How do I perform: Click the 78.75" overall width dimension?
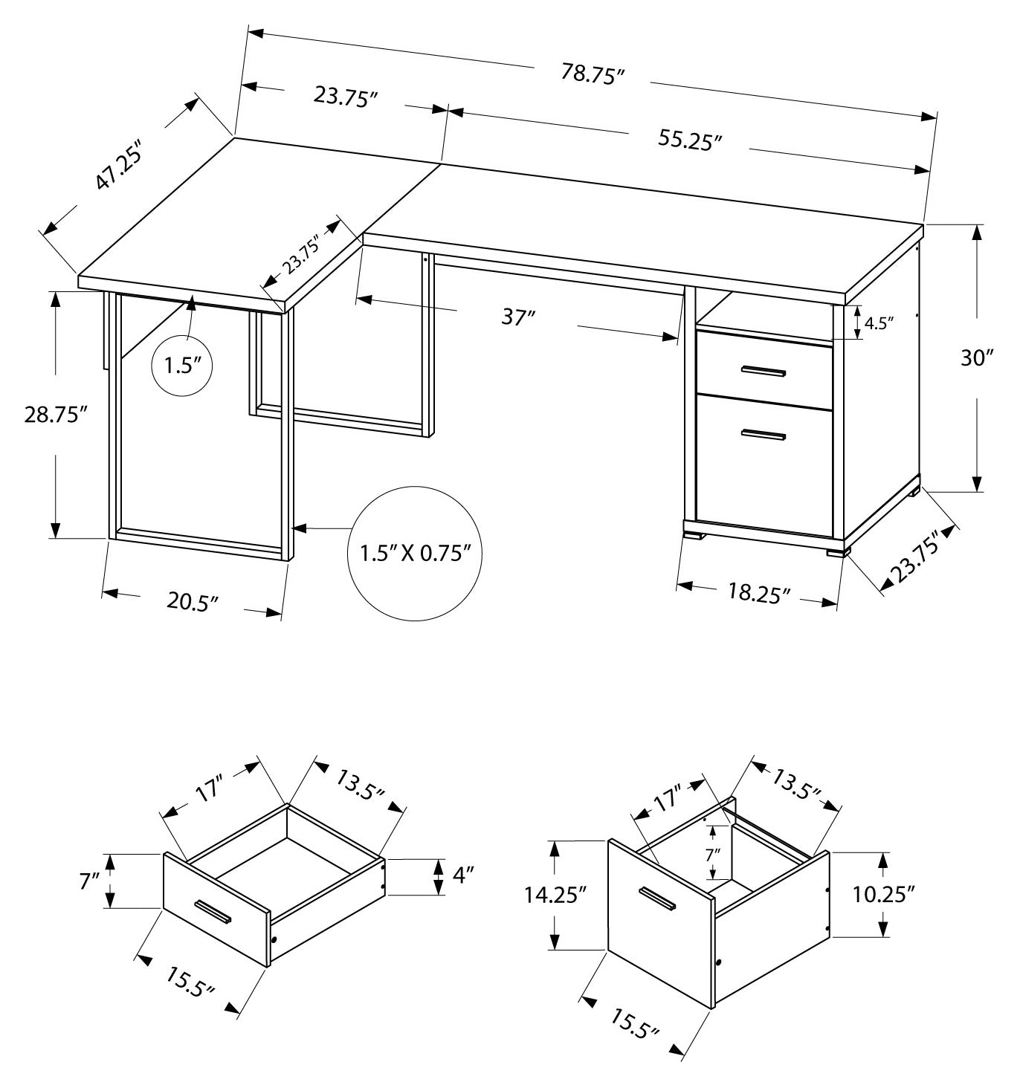coord(593,75)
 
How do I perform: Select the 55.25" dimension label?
coord(690,139)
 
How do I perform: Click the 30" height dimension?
coord(976,358)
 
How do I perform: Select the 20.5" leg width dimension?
coord(192,600)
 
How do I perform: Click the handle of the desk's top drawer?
coord(763,371)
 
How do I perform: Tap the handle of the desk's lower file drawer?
coord(763,435)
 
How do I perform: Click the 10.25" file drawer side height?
coord(914,894)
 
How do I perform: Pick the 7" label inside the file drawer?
coord(713,855)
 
